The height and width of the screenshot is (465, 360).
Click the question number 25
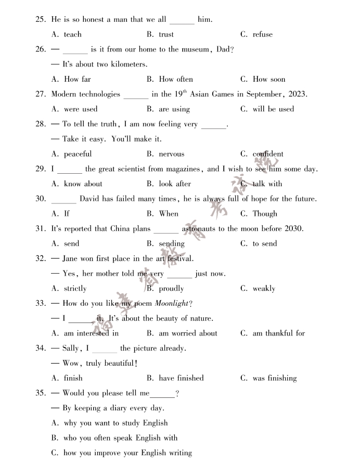pos(41,20)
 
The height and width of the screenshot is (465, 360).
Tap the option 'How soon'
pos(268,80)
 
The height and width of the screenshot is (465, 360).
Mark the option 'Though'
pos(265,214)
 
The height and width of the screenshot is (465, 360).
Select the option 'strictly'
pos(75,289)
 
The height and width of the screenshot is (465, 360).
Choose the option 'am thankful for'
pos(278,333)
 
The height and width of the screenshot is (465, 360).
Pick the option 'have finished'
pos(181,378)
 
